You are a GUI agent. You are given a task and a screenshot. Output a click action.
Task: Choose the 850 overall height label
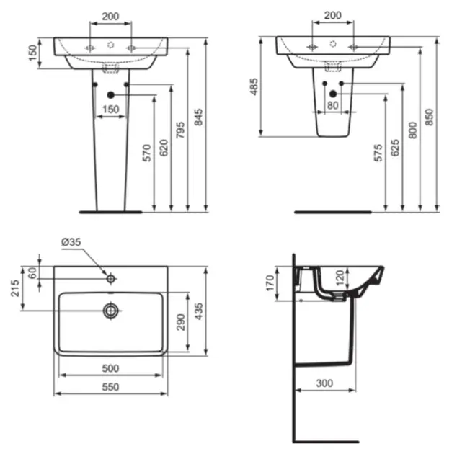click(430, 117)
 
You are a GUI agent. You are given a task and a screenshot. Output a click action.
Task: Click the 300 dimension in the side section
click(324, 383)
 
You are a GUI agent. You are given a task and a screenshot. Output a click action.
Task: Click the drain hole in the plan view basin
click(111, 311)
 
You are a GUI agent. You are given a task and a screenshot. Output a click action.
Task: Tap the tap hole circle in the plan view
click(111, 278)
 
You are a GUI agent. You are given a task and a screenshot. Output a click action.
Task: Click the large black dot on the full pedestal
click(110, 94)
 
